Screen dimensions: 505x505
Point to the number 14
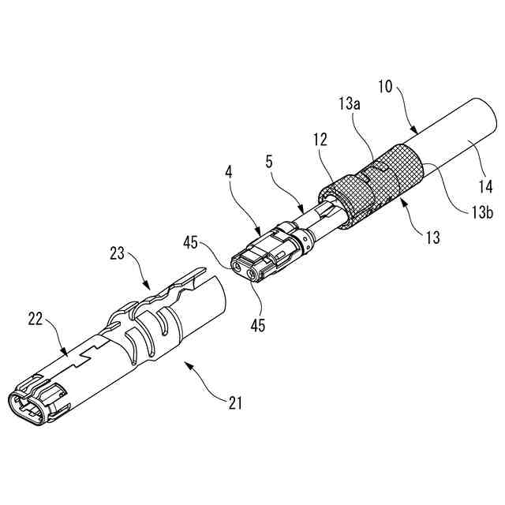click(x=485, y=187)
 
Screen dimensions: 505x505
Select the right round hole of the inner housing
click(x=254, y=276)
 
